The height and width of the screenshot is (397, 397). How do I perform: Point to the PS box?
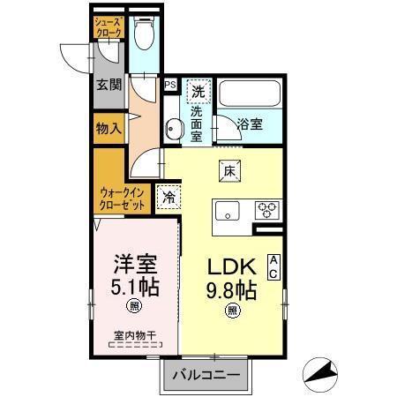tap(170, 86)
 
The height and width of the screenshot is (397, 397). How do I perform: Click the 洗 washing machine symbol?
tap(198, 91)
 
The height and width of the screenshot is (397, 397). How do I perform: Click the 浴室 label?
tap(250, 124)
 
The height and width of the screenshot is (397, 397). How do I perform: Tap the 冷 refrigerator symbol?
tap(169, 197)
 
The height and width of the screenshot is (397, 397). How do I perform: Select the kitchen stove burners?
tap(267, 210)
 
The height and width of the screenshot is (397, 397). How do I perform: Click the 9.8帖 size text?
tap(233, 289)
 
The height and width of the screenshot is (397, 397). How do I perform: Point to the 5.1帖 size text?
tap(134, 286)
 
